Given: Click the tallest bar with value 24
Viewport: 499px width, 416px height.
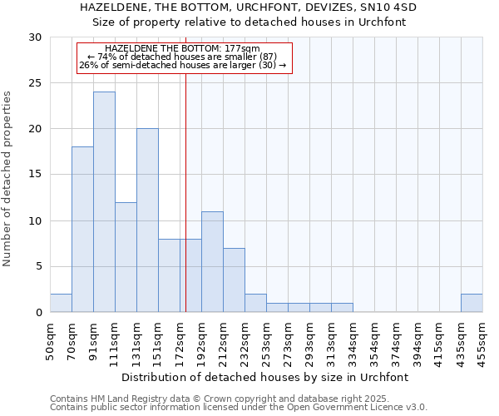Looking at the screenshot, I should coord(104,202).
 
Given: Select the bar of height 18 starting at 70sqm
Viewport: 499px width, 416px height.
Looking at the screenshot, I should coord(82,230).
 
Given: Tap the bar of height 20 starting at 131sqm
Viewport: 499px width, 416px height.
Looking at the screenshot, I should coord(147,220).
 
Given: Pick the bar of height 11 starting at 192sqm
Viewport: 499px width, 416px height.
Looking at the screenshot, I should coord(212,262).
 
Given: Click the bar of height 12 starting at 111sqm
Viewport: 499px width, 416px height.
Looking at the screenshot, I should coord(126,257).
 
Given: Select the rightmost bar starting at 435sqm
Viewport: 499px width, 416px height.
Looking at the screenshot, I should coord(472,303).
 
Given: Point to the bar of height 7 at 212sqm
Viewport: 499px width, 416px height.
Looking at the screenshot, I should coord(234,280).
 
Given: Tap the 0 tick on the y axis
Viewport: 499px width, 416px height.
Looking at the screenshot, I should coord(37,313).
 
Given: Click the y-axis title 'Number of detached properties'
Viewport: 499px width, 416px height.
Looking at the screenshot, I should coord(8,179).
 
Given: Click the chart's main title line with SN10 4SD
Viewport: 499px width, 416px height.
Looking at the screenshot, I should coord(249,7).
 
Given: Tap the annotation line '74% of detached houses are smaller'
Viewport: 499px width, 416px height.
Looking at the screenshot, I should coord(182,57).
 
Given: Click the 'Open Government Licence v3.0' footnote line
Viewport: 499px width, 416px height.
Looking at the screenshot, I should coord(239,408).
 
